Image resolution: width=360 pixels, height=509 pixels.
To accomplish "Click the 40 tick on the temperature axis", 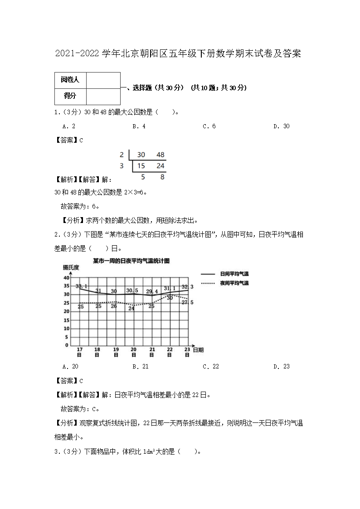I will [66, 278].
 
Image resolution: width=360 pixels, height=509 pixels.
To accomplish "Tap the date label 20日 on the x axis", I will [134, 352].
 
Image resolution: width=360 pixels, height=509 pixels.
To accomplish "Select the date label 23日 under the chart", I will [187, 352].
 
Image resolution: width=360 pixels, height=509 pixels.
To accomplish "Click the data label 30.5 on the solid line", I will [132, 291].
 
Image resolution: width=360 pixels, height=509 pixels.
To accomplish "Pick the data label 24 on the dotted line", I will [131, 308].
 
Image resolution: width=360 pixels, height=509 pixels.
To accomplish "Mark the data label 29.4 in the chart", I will [152, 291].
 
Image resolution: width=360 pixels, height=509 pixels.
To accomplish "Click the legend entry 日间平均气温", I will [234, 274].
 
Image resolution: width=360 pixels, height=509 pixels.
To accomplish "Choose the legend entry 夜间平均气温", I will [234, 283].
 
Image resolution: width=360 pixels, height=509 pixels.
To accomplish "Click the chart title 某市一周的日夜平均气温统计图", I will [131, 261].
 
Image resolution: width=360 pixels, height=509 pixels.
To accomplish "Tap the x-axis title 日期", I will [198, 350].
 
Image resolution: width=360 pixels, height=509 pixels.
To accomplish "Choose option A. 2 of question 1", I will [69, 126].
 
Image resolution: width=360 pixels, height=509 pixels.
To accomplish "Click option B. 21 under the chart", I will [141, 367].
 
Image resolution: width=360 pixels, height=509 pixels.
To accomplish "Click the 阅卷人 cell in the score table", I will [70, 80].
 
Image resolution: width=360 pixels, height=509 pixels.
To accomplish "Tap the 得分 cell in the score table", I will [70, 96].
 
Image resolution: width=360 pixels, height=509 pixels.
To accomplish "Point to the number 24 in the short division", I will [160, 166].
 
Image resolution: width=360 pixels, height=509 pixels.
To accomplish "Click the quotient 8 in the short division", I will [162, 177].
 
